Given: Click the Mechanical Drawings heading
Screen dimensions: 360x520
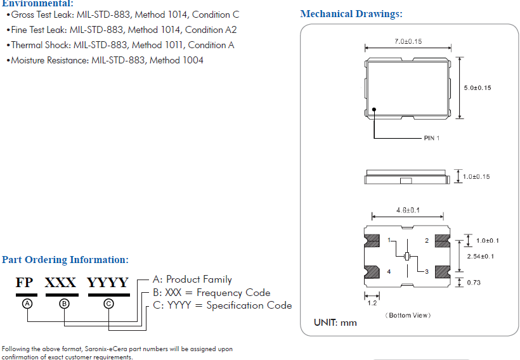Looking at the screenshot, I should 351,14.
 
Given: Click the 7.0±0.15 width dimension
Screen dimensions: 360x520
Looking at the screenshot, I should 408,41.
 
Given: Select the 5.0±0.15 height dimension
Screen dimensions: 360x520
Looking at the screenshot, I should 478,87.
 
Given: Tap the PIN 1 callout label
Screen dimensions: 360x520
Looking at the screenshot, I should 432,138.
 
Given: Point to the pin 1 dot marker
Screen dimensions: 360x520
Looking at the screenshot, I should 375,109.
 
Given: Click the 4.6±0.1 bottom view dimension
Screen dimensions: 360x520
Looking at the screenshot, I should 408,210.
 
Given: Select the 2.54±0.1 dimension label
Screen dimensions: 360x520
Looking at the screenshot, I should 480,256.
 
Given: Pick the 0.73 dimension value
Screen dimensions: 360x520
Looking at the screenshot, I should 474,282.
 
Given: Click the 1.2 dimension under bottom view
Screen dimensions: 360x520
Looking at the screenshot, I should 372,303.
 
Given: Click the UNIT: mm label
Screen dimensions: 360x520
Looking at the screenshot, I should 335,323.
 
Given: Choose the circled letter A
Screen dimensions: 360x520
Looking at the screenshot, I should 27,304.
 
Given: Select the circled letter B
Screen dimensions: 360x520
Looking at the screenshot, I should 63,304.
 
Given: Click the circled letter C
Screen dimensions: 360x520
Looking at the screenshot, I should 108,304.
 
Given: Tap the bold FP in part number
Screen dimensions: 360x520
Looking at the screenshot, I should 25,283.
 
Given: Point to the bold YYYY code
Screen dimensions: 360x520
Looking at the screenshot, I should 108,283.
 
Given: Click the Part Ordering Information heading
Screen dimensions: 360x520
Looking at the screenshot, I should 65,260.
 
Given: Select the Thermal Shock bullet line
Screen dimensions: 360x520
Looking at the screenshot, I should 122,45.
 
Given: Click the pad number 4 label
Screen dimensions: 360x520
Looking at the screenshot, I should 389,271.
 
